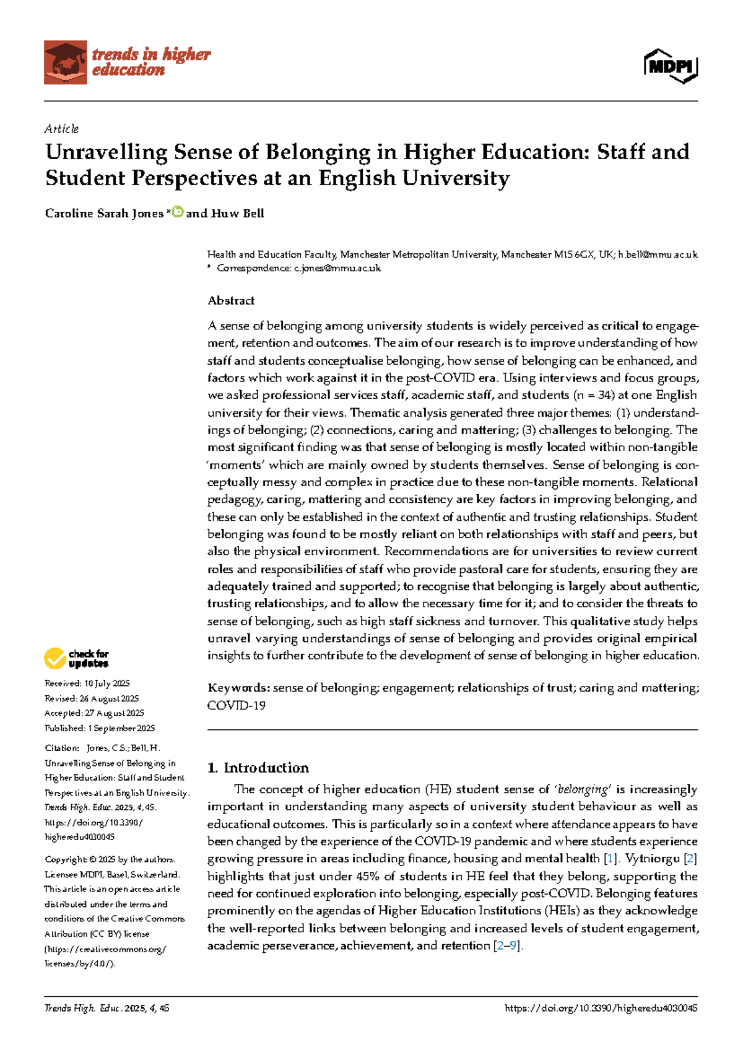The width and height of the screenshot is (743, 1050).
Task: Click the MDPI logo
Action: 671,66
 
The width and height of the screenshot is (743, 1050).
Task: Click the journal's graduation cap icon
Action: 65,62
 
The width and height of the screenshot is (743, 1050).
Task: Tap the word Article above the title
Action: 61,129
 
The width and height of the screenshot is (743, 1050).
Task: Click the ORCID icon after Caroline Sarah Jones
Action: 177,212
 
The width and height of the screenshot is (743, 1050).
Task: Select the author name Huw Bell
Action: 238,214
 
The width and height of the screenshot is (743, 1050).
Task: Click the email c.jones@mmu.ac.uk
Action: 337,268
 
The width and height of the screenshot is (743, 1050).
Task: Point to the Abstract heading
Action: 231,301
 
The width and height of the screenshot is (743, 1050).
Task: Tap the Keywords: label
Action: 238,688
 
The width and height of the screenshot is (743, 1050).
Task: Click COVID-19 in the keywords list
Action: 236,705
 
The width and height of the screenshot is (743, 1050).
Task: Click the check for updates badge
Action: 76,658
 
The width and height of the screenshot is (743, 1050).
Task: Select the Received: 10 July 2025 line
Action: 87,683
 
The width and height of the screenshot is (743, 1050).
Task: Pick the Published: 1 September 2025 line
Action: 100,728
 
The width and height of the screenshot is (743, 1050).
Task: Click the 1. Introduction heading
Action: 258,768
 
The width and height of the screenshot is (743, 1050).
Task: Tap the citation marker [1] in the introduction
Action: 610,859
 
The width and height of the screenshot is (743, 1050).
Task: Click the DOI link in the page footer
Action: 601,1008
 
